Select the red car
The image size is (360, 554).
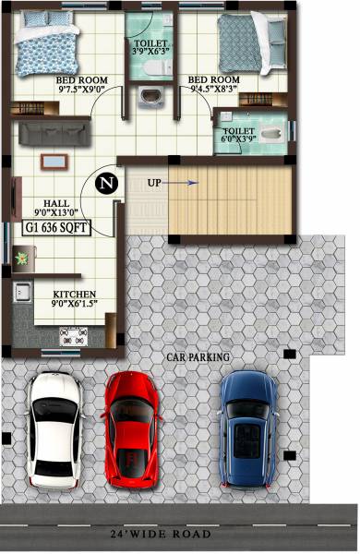[133, 427]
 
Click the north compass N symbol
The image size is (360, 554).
[109, 183]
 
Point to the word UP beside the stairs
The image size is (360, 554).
[154, 183]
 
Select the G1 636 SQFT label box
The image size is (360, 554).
[57, 225]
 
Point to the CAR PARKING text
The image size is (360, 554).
[198, 355]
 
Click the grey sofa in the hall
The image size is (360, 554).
[57, 132]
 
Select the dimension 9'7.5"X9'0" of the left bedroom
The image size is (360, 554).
[83, 91]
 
